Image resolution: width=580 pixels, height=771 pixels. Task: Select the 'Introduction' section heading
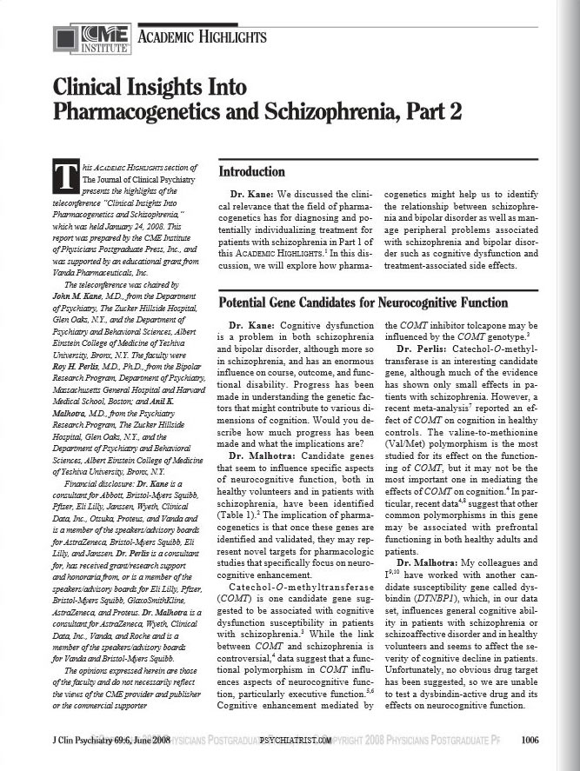(x=251, y=171)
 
